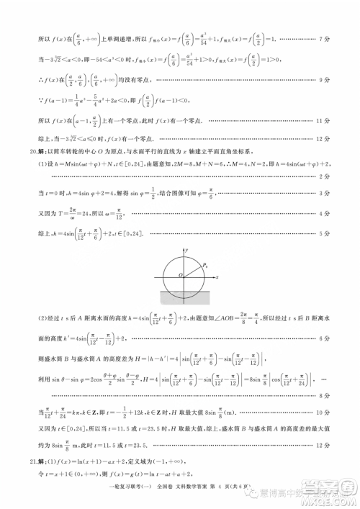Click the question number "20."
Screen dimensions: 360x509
[x=30, y=151]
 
